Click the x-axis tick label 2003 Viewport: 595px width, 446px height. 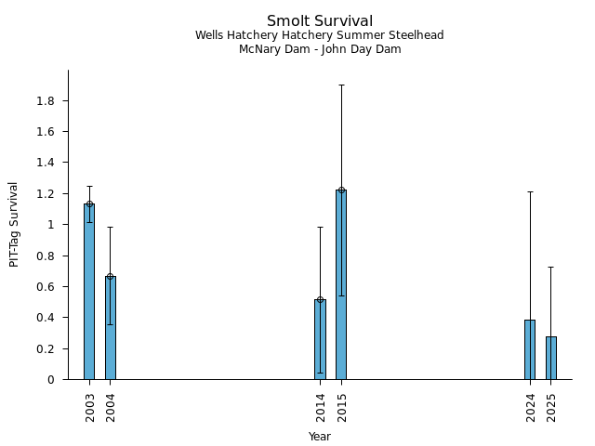(x=90, y=406)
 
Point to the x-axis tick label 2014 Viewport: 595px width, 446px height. (x=321, y=406)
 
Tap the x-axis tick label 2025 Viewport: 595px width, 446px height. (x=551, y=406)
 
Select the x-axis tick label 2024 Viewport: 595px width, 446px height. (x=531, y=406)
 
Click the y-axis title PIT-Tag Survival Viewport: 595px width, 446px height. (x=14, y=224)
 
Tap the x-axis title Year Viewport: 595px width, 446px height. (x=320, y=437)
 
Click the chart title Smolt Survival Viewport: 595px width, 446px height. (x=320, y=21)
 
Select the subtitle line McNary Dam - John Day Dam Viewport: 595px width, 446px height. (x=320, y=49)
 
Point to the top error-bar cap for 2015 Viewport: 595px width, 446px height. (x=341, y=85)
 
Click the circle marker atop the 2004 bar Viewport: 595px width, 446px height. (x=111, y=277)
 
